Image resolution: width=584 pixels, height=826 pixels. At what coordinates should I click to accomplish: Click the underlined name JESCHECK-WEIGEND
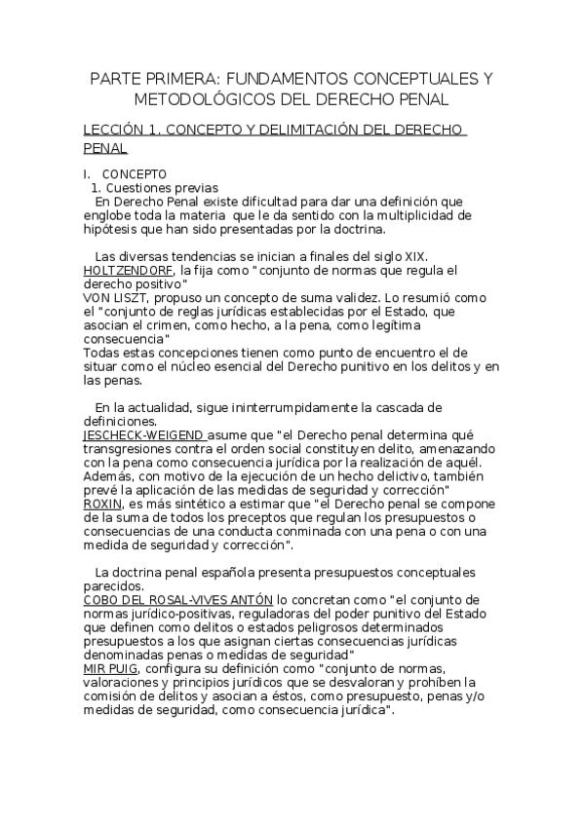143,434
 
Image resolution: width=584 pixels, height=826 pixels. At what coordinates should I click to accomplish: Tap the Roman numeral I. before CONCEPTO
86,173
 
